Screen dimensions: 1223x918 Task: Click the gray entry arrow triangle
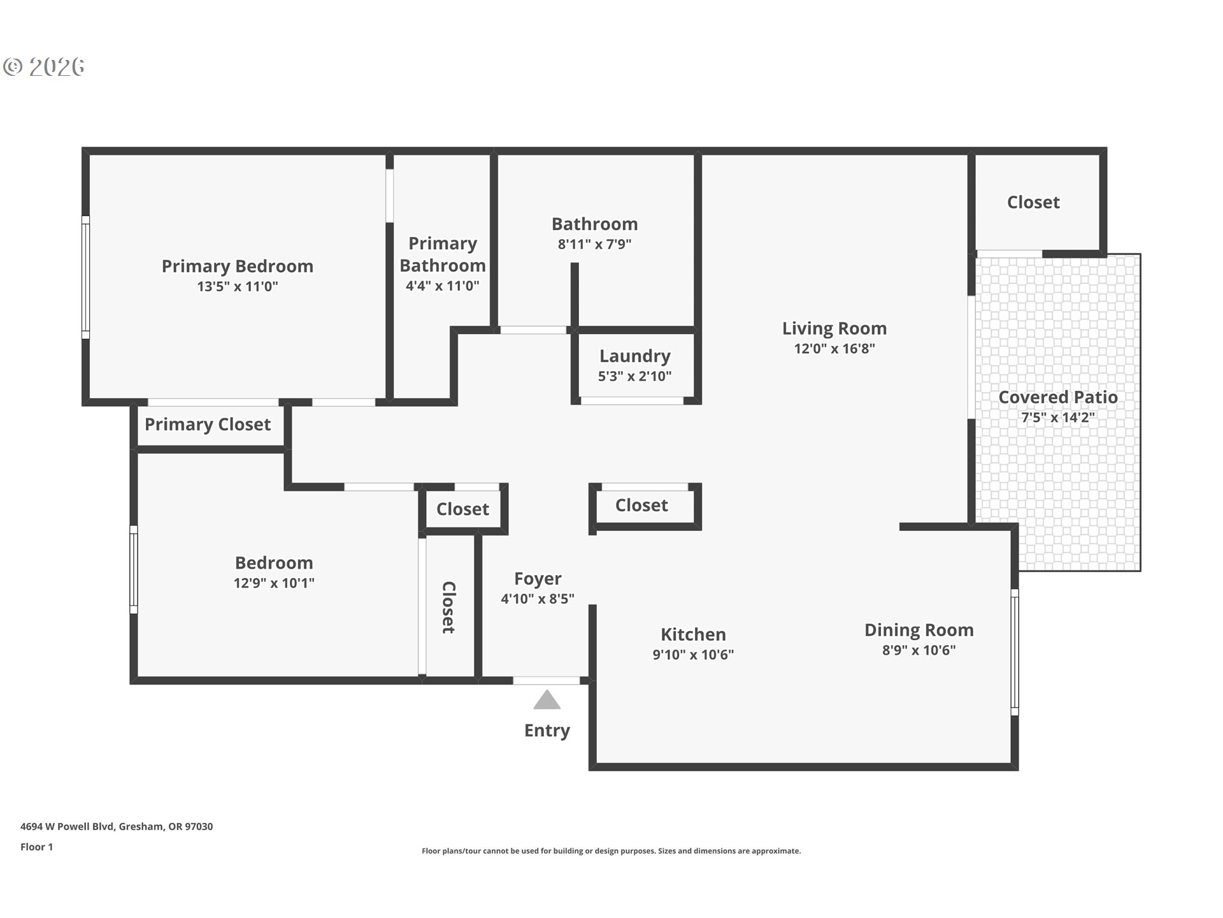[547, 700]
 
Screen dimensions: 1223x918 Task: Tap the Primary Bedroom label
[238, 266]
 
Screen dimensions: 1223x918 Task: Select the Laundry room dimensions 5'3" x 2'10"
[634, 376]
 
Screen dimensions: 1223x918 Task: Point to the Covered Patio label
[1058, 397]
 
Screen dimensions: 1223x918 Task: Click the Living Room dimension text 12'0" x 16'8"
[834, 349]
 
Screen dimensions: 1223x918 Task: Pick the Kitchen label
[693, 634]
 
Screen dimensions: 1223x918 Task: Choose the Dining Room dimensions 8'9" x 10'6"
[919, 650]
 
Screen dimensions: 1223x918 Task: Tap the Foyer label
[538, 579]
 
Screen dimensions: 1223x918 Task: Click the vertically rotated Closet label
[448, 608]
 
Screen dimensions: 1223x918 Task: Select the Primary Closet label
[208, 425]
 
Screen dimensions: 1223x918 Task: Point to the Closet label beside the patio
[1033, 202]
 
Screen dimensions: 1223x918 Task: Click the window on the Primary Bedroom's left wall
[85, 277]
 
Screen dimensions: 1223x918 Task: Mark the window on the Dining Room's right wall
[1015, 652]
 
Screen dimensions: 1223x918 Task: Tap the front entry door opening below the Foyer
[547, 681]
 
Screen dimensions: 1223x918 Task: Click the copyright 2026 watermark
[44, 67]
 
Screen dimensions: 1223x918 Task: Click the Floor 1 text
[36, 847]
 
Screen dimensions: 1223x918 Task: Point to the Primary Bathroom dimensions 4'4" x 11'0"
[442, 286]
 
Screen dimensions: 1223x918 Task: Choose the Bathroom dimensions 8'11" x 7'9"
[594, 244]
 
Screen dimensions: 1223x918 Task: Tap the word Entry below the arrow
[547, 731]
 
